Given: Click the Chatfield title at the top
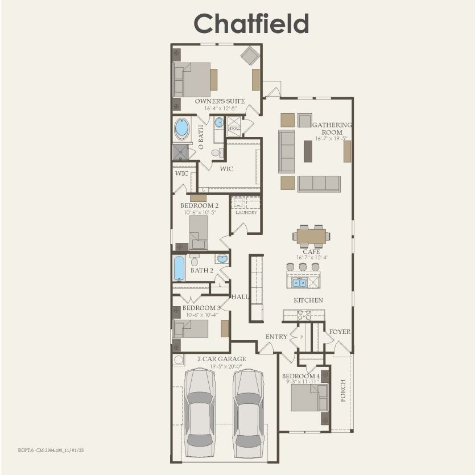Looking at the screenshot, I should pos(251,23).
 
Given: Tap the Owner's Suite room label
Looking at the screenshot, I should pos(212,101).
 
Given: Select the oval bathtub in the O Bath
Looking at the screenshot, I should pos(181,128).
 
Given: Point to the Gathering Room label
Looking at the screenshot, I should pos(332,129).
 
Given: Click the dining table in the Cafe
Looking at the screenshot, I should pos(311,236).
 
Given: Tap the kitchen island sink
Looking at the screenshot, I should pos(299,282).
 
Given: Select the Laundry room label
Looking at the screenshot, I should pos(246,212).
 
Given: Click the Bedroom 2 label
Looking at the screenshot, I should pos(200,205).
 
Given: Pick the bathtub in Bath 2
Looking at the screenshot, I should pos(179,268).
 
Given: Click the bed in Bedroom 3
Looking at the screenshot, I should pos(192,328).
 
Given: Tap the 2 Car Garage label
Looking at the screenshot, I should pos(222,359).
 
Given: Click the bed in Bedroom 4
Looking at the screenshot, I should pos(308,398).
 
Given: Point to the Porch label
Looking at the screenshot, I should pos(342,390).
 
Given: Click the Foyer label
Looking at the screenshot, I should pos(340,332).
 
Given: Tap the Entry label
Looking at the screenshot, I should pos(276,337).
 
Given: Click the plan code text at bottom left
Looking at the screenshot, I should pos(51,449).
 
